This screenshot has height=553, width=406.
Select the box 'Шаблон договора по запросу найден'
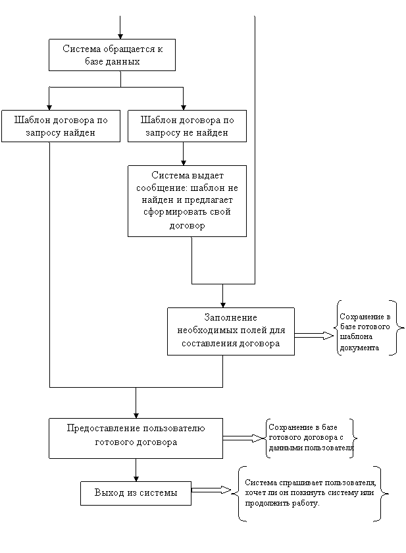(x=61, y=126)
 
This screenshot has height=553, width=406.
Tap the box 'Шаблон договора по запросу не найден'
(x=187, y=126)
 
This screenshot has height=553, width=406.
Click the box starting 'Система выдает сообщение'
(x=187, y=200)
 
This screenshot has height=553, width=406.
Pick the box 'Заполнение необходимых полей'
(x=230, y=330)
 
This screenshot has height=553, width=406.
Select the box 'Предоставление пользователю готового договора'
(x=136, y=437)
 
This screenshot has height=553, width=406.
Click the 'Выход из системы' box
(x=136, y=492)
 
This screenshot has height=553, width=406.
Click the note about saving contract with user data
(x=318, y=438)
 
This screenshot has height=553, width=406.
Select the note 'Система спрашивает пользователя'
(x=317, y=492)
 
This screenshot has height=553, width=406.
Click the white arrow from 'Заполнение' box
(x=313, y=336)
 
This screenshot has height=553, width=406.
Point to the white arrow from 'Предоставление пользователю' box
(x=242, y=438)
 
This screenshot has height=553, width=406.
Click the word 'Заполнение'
(x=230, y=317)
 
